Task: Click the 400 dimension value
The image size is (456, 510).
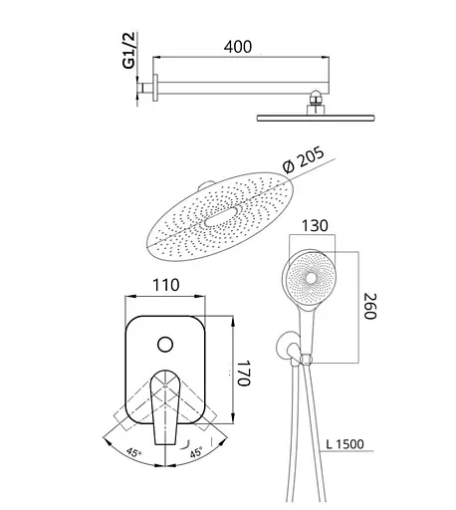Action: pyautogui.click(x=238, y=47)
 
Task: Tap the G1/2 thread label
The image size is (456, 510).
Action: pyautogui.click(x=128, y=50)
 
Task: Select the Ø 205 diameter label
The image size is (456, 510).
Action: pyautogui.click(x=304, y=160)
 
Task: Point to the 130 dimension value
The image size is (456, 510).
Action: pyautogui.click(x=315, y=225)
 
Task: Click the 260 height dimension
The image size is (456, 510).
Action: pyautogui.click(x=370, y=306)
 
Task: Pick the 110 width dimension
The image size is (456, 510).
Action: pyautogui.click(x=166, y=285)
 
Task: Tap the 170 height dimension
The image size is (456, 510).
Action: pyautogui.click(x=244, y=373)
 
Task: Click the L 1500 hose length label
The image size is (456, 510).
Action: pyautogui.click(x=344, y=444)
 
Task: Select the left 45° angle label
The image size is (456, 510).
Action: pyautogui.click(x=133, y=452)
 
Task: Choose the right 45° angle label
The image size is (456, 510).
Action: pyautogui.click(x=196, y=452)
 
